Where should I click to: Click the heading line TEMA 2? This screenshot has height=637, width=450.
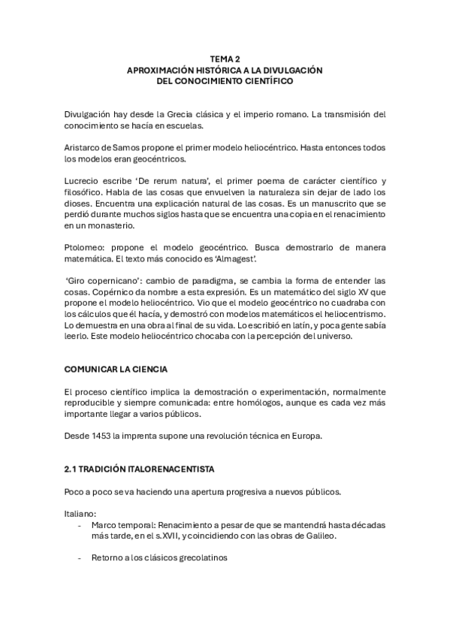(x=225, y=58)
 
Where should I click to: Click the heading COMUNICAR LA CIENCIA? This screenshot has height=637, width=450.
(x=116, y=370)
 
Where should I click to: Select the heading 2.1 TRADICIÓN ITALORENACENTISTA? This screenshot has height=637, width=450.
(x=139, y=469)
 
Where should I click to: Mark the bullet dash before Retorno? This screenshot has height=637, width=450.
(x=80, y=558)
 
